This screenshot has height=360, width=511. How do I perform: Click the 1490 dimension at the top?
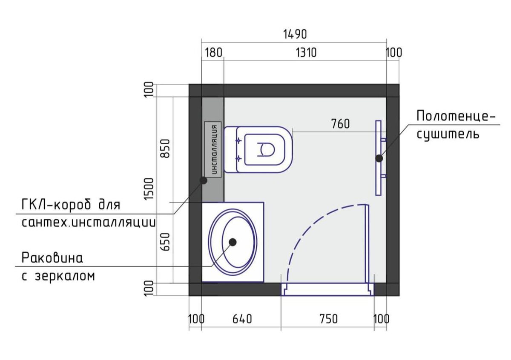(x=295, y=34)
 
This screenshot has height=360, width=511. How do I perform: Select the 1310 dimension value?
(x=306, y=53)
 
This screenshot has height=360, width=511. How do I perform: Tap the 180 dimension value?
(x=213, y=53)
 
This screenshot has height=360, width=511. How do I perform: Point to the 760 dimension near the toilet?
(x=340, y=124)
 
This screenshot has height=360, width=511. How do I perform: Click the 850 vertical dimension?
(x=165, y=149)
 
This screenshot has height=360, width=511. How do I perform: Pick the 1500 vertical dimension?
(x=149, y=189)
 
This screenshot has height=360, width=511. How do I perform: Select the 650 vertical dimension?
(x=165, y=242)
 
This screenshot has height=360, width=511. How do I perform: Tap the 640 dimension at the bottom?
(x=242, y=319)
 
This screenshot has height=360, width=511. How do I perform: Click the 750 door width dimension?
(x=328, y=319)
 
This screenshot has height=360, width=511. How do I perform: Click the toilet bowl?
(x=258, y=149)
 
